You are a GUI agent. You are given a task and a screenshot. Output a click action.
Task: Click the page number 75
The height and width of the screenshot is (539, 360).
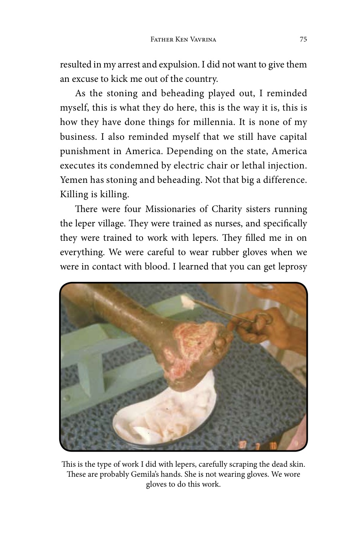tap(303, 39)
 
